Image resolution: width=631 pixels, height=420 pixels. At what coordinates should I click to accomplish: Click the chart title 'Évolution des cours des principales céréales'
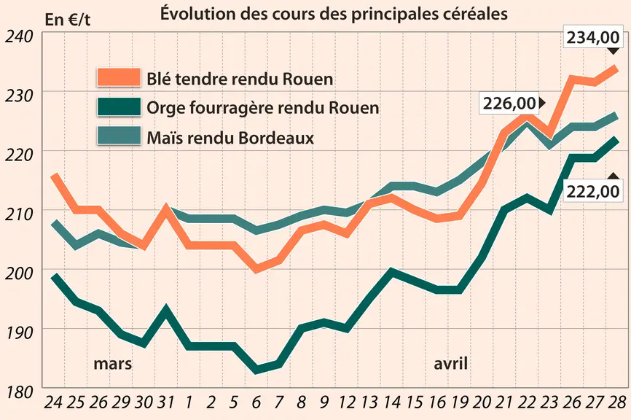tap(334, 14)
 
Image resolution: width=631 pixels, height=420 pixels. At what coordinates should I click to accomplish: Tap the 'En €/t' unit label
tap(68, 20)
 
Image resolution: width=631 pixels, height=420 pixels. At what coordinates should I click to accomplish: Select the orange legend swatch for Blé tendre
tap(119, 77)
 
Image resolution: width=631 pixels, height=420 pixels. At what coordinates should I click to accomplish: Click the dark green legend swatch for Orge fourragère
tap(119, 107)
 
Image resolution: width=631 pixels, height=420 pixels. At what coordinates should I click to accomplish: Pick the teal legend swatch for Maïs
tap(119, 136)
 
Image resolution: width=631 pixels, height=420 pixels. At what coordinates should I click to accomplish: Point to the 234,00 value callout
tap(593, 37)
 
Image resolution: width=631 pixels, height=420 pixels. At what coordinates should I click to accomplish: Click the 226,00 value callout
tap(509, 104)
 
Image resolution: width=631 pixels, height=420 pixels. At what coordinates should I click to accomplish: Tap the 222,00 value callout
tap(593, 191)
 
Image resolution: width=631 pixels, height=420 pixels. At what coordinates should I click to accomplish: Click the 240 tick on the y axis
tap(18, 36)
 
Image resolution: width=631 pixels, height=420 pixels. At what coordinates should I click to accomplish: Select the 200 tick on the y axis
tap(18, 273)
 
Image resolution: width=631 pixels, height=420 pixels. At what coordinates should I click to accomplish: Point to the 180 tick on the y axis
tap(18, 392)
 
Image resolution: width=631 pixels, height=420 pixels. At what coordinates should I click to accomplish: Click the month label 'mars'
tap(113, 364)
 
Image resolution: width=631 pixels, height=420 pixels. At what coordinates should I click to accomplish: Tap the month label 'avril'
tap(451, 364)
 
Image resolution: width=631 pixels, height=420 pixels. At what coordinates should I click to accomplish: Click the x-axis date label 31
tap(165, 402)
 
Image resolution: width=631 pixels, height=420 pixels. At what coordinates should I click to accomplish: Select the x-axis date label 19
tap(460, 402)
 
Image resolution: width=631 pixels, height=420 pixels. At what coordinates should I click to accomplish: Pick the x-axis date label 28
tap(617, 402)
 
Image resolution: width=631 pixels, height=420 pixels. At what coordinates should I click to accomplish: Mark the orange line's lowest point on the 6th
tap(256, 268)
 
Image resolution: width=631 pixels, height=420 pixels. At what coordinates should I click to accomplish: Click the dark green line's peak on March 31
tap(166, 310)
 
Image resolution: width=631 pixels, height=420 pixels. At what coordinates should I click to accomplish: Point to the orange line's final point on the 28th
tap(616, 68)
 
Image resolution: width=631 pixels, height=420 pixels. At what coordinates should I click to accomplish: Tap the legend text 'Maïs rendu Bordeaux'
tap(230, 138)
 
